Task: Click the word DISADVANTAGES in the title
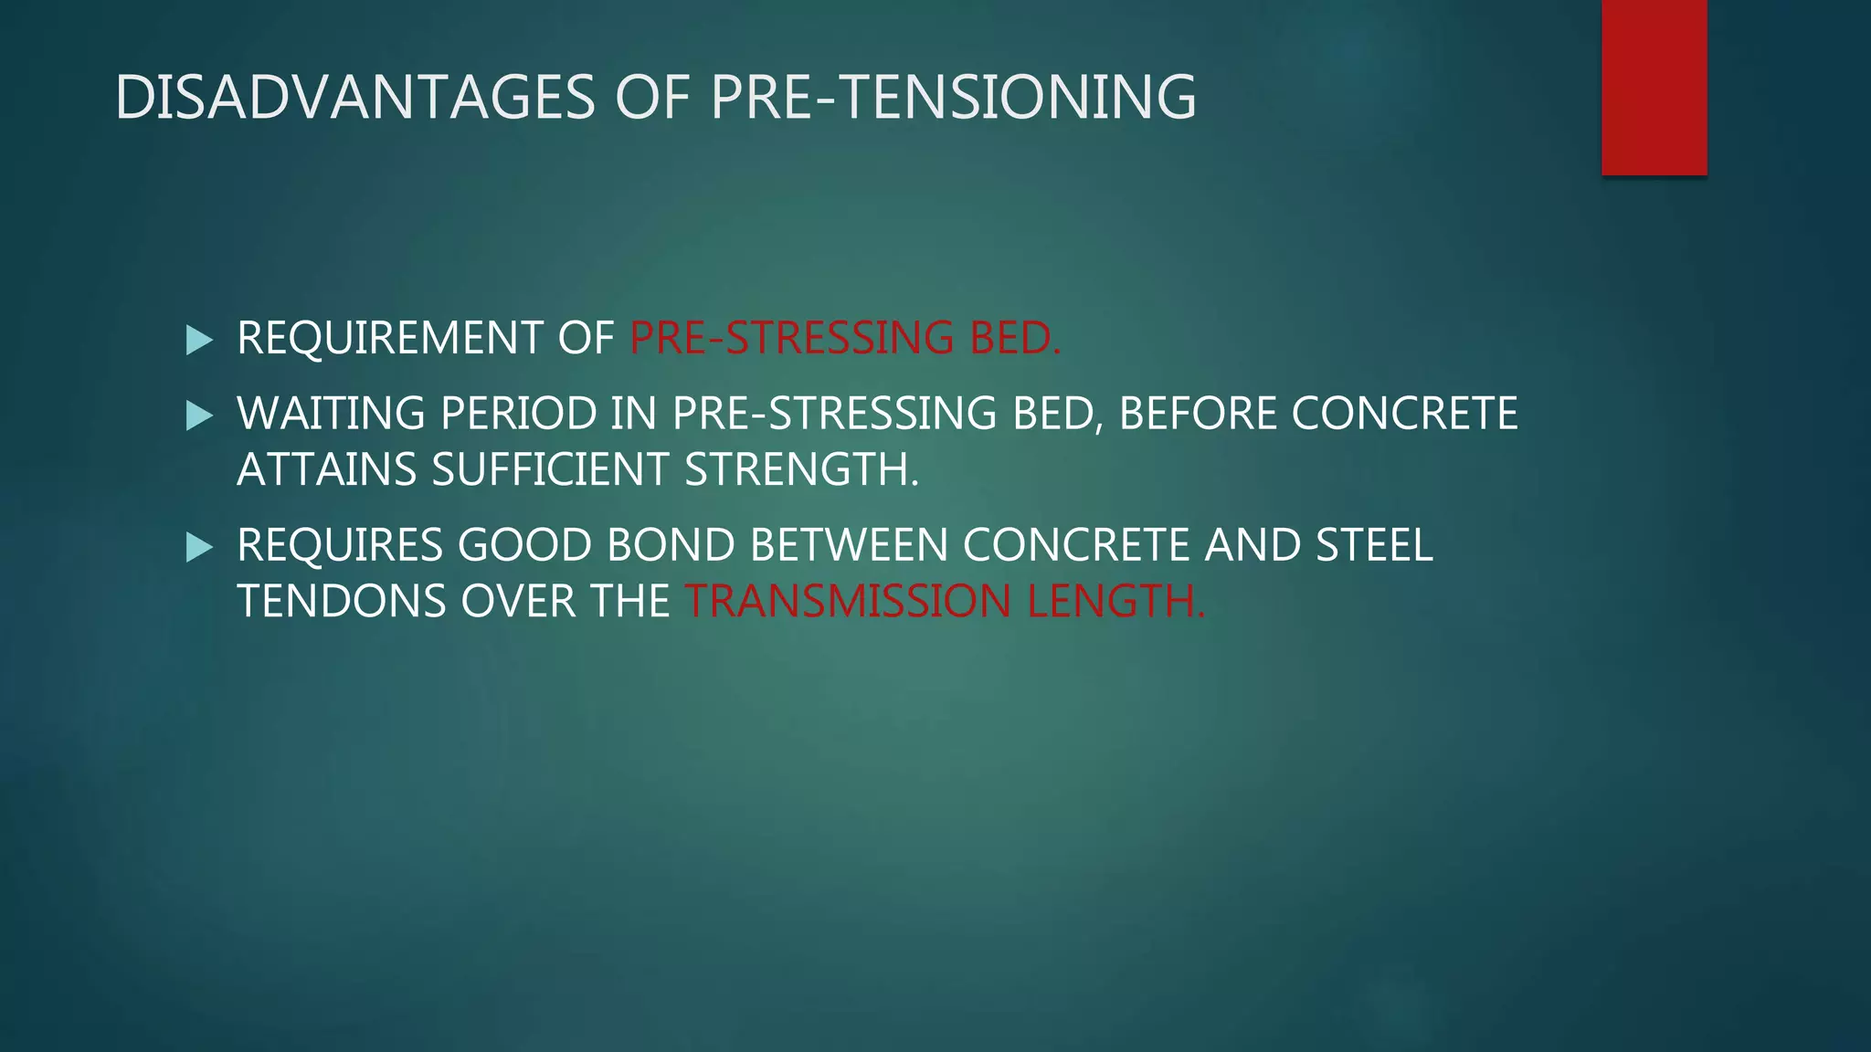[355, 97]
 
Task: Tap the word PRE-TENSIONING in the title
[953, 97]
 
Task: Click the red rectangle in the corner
[1654, 87]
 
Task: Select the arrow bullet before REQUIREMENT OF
[198, 340]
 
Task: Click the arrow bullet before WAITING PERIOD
[198, 416]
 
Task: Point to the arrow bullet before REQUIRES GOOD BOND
[198, 547]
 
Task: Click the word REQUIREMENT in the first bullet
[389, 338]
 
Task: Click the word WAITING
[331, 414]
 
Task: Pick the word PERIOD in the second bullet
[519, 414]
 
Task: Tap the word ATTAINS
[326, 470]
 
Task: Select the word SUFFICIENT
[551, 470]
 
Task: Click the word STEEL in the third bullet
[1374, 545]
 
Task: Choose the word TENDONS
[341, 602]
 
